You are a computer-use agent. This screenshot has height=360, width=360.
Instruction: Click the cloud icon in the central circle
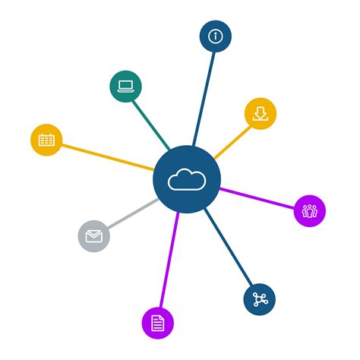pos(187,180)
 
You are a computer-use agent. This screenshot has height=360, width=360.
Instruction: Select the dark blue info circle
pos(216,36)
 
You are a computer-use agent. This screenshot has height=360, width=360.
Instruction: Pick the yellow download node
pos(261,114)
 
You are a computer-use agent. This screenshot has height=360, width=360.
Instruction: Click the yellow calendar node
pos(46,140)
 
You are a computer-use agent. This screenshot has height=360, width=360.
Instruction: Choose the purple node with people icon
pos(309,210)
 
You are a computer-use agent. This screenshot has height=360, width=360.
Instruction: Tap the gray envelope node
pos(93,235)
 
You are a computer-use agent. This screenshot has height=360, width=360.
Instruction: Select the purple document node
pos(157,323)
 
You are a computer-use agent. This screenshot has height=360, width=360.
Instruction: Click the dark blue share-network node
pos(259,298)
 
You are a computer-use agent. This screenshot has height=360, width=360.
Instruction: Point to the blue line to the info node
pos(204,95)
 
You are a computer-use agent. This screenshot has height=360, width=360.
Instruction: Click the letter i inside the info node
pos(216,36)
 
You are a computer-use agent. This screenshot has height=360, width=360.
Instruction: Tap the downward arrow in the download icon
pos(261,112)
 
